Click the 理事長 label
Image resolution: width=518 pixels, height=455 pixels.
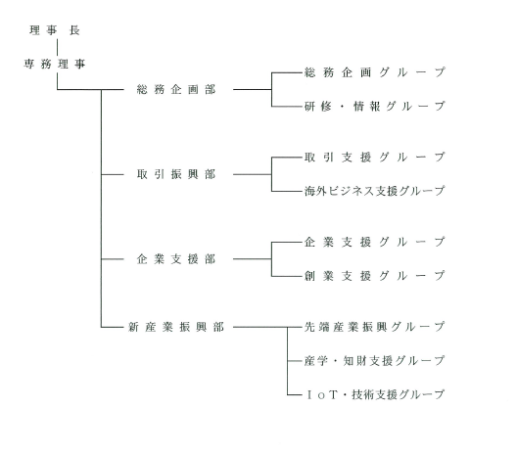[x=55, y=30]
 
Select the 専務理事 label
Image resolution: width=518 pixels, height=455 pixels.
[x=55, y=64]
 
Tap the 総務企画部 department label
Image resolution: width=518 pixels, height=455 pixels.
[x=176, y=89]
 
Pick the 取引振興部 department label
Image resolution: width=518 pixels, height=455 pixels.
[x=176, y=174]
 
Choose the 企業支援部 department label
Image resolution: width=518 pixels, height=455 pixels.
[x=176, y=259]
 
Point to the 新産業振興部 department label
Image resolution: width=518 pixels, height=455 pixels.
[x=176, y=327]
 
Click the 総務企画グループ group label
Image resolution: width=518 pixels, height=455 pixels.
[x=375, y=72]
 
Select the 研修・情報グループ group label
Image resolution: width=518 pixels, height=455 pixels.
[x=375, y=107]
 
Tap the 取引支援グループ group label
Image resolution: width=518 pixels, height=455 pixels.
[x=375, y=158]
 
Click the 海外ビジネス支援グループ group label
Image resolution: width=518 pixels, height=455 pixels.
[x=375, y=191]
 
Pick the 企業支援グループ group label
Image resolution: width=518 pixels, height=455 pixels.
[x=375, y=242]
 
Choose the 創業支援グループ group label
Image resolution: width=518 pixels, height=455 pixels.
[x=375, y=276]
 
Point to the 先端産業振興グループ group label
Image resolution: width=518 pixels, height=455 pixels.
[x=375, y=327]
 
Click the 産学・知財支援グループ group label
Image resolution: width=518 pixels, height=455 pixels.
[x=375, y=361]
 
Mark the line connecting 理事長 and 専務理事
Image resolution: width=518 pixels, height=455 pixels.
[x=58, y=47]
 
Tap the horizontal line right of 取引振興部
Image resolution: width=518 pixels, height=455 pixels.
[x=253, y=174]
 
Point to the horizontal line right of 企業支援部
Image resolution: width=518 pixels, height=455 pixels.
[x=253, y=259]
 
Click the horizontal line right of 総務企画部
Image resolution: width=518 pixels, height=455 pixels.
[x=253, y=89]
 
